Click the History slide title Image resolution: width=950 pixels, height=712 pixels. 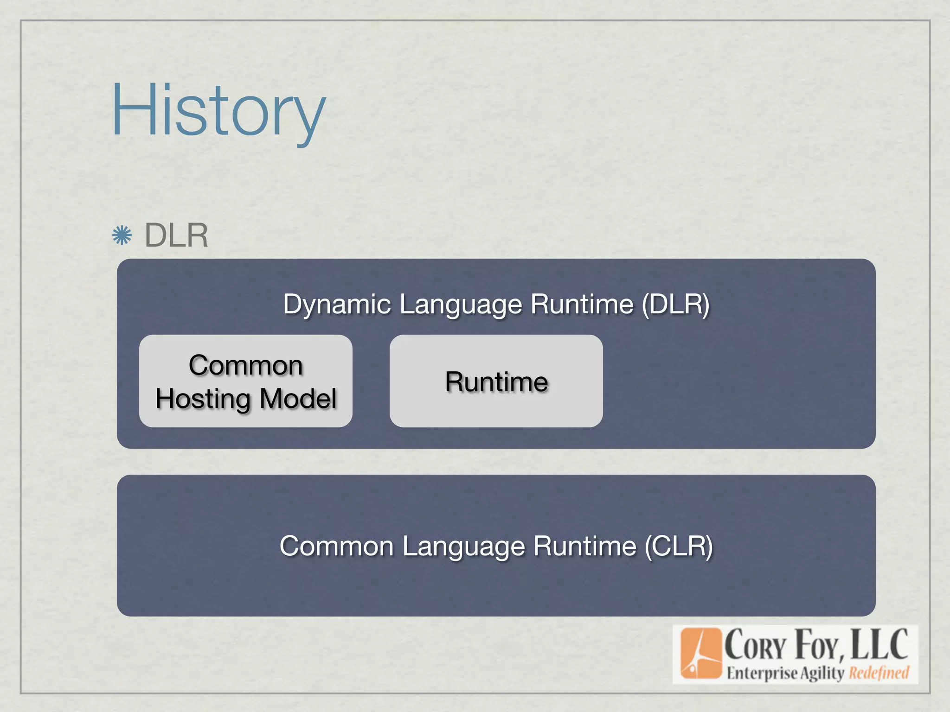coord(218,111)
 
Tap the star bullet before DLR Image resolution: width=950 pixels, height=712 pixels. coord(122,235)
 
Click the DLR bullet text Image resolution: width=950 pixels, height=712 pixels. coord(176,235)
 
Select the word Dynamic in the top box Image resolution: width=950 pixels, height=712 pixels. coord(337,305)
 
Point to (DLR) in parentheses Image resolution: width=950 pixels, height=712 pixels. coord(676,305)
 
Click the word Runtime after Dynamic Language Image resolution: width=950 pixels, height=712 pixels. coord(582,305)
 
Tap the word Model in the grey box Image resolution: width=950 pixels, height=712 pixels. coord(298,399)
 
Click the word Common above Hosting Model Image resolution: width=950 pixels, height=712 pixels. coord(246,365)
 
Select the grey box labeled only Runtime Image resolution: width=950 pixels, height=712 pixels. coord(496,381)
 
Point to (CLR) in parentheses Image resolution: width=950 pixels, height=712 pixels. coord(679,546)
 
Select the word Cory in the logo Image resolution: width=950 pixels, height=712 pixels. coord(755,646)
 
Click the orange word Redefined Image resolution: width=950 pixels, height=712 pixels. coord(879,673)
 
